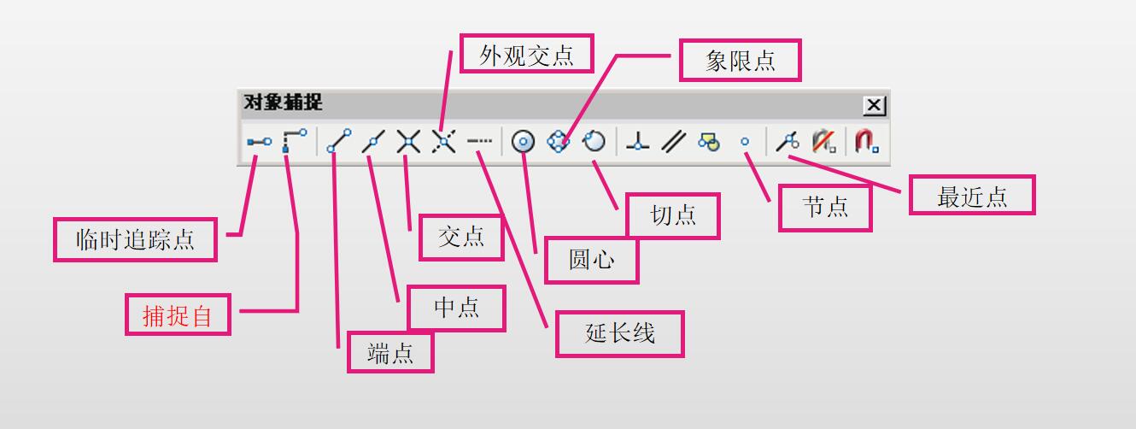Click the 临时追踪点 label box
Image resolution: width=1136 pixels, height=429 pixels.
click(x=135, y=240)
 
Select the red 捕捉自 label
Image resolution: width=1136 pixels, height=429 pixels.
click(x=178, y=315)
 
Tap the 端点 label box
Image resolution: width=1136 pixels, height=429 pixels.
click(x=390, y=352)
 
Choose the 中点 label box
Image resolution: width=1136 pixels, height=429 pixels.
click(x=457, y=308)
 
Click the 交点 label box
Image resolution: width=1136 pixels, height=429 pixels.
click(x=461, y=237)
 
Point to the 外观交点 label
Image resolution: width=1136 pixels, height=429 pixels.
click(x=526, y=55)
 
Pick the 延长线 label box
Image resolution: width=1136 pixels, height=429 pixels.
click(x=620, y=333)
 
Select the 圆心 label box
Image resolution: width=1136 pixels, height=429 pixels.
click(x=592, y=260)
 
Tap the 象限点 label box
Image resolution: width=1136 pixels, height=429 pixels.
click(x=741, y=61)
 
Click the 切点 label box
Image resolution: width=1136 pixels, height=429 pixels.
click(x=673, y=215)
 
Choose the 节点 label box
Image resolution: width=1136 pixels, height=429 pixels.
click(x=825, y=209)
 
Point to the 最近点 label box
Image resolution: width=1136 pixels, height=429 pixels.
click(x=972, y=196)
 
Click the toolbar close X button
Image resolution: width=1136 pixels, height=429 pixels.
click(x=874, y=105)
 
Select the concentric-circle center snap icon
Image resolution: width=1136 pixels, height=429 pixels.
click(x=523, y=142)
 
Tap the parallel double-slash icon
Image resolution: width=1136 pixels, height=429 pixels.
click(x=674, y=142)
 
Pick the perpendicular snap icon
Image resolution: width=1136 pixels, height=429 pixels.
click(x=637, y=142)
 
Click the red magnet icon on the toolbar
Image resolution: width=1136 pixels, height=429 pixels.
click(x=866, y=142)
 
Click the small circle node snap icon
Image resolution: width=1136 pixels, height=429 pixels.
click(x=745, y=142)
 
